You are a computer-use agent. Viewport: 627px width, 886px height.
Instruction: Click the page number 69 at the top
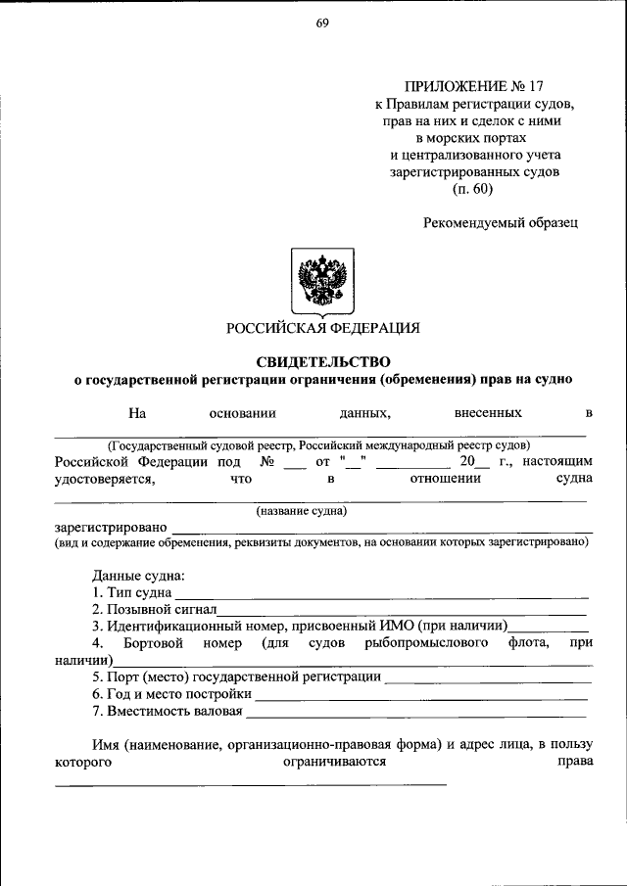(x=321, y=26)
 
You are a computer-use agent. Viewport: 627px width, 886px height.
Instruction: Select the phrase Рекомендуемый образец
(x=501, y=222)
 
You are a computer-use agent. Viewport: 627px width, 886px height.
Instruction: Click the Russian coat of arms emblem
(x=322, y=280)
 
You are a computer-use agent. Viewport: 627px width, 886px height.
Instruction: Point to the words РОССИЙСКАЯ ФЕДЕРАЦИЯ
(x=322, y=328)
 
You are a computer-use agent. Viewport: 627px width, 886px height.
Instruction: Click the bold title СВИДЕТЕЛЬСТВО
(x=322, y=361)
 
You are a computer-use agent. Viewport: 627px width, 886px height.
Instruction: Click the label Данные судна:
(x=138, y=576)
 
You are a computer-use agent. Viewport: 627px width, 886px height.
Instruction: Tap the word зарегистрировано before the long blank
(x=110, y=528)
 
